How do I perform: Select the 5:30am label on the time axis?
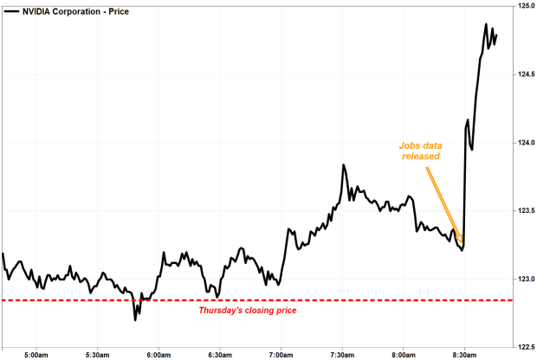[x=98, y=354]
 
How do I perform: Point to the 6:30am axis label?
[x=220, y=354]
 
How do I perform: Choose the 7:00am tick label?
[x=281, y=354]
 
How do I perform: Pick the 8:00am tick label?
[x=404, y=354]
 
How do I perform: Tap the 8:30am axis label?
[x=465, y=354]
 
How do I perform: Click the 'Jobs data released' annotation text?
[x=419, y=151]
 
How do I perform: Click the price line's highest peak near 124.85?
[x=486, y=24]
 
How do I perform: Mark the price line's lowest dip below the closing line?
[x=135, y=320]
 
